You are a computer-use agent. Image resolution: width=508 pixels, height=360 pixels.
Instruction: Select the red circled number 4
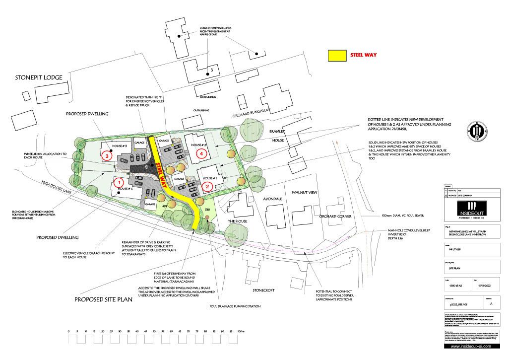coord(201,154)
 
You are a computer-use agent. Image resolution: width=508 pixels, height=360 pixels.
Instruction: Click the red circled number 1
coord(119,182)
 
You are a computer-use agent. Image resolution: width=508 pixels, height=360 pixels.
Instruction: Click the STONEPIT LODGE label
coord(39,78)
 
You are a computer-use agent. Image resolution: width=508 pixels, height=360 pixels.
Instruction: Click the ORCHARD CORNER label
coord(335,217)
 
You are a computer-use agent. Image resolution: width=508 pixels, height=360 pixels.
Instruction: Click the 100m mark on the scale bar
coord(241,331)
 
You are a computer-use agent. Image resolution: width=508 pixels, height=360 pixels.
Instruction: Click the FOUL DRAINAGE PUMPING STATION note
coord(235,307)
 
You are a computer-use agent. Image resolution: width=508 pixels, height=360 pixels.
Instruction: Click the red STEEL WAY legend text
coord(364,56)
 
